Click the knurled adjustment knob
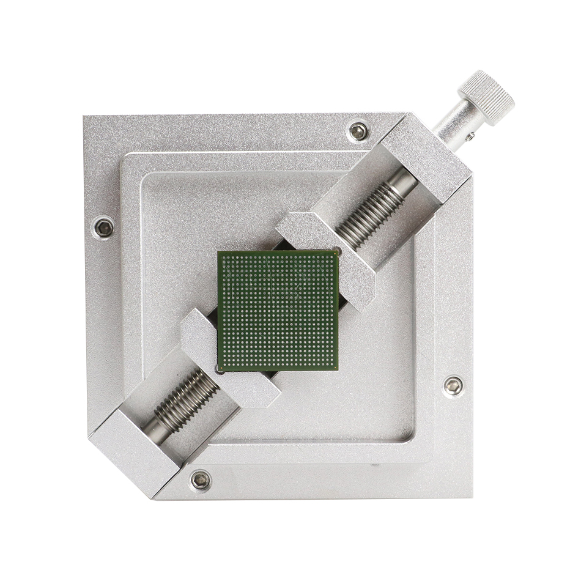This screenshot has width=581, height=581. pyautogui.click(x=486, y=98)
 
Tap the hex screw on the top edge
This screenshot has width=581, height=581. pyautogui.click(x=358, y=131)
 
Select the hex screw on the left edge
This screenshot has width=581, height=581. pyautogui.click(x=104, y=228)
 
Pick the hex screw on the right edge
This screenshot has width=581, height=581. pyautogui.click(x=453, y=385)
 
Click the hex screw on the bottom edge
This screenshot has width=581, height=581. pyautogui.click(x=200, y=480)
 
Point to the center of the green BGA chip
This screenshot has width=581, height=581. pyautogui.click(x=278, y=310)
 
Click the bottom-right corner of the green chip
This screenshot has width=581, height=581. pyautogui.click(x=338, y=369)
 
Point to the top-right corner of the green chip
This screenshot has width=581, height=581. pyautogui.click(x=338, y=251)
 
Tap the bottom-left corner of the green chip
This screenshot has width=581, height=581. pyautogui.click(x=218, y=371)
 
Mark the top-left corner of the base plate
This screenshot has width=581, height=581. pyautogui.click(x=84, y=116)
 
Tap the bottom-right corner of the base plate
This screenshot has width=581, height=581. pyautogui.click(x=472, y=497)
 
